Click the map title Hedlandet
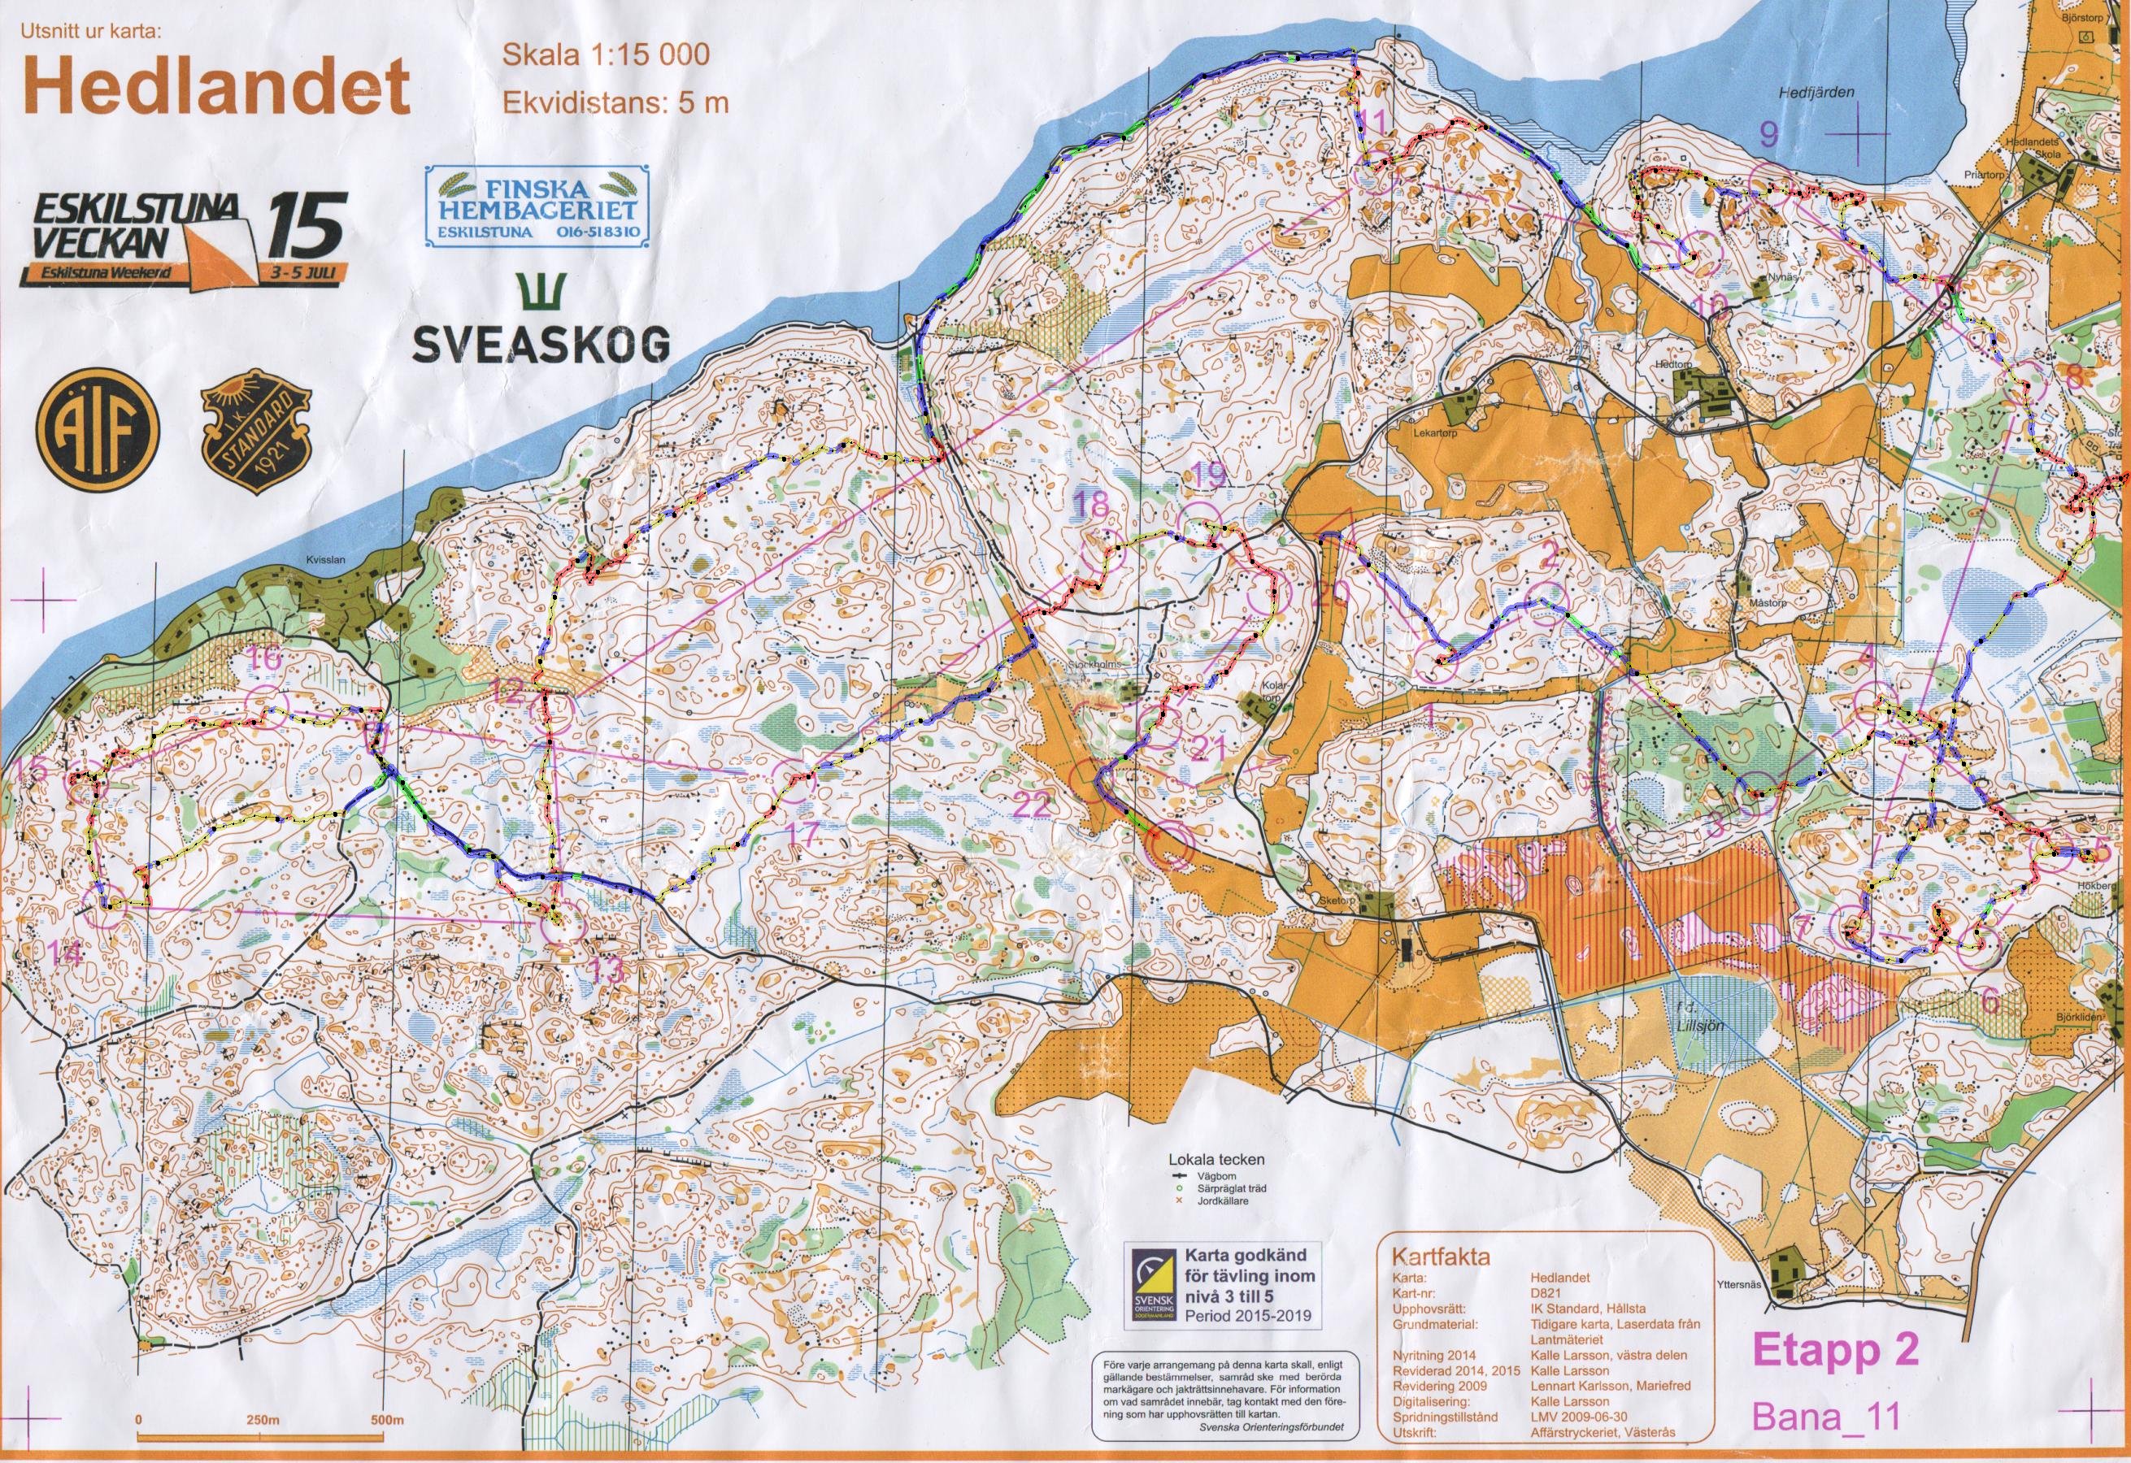(x=213, y=87)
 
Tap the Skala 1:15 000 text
(x=604, y=55)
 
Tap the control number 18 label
(x=1092, y=504)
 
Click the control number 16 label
(x=265, y=658)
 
